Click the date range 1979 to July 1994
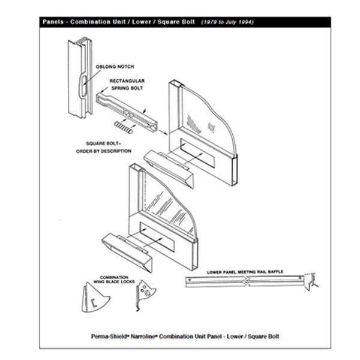pyautogui.click(x=227, y=22)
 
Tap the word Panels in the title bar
pyautogui.click(x=55, y=22)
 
